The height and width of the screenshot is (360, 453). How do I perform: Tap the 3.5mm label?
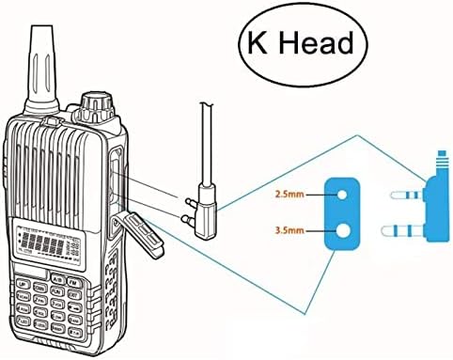coord(289,228)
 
